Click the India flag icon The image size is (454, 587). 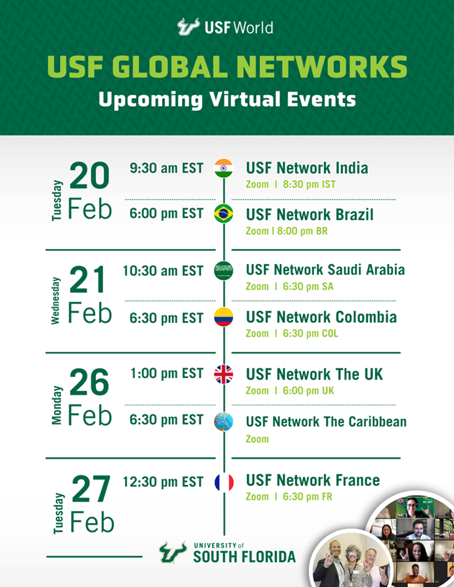(x=223, y=168)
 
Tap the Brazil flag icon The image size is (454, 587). (x=223, y=214)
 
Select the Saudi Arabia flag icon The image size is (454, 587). (x=223, y=271)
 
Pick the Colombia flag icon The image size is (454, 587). (x=223, y=317)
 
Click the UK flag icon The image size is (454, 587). (x=223, y=374)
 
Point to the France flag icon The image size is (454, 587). (x=224, y=482)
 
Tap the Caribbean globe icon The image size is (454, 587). (x=223, y=421)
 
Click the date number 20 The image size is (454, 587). (x=89, y=175)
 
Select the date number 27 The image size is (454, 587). (x=91, y=489)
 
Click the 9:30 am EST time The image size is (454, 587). (x=167, y=168)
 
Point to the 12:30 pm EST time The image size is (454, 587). (x=164, y=482)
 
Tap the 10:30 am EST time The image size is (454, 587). (x=164, y=271)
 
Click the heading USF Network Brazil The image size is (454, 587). (x=309, y=215)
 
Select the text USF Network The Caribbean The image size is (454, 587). (x=327, y=422)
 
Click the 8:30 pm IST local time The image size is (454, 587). (x=309, y=185)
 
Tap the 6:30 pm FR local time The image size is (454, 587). (x=307, y=496)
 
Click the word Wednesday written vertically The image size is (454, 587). (x=55, y=301)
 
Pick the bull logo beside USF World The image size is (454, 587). (x=189, y=26)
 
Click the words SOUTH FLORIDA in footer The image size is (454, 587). (x=244, y=557)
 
